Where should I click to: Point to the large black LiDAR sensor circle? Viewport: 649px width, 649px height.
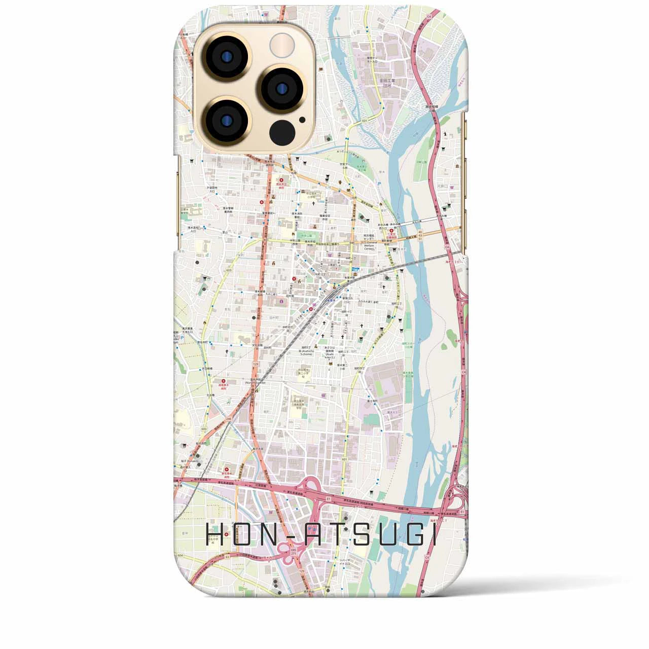click(282, 133)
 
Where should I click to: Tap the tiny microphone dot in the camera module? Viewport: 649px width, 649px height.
click(302, 120)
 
